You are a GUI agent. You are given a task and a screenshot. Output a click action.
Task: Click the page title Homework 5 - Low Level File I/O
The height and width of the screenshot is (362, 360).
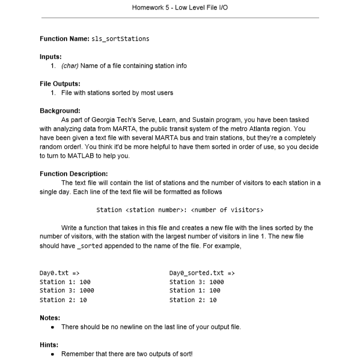tap(180, 7)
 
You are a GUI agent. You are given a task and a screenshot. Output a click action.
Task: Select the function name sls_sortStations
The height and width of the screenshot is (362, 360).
tap(120, 39)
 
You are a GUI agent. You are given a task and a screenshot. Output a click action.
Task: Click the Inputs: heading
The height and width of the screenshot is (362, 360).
tap(50, 56)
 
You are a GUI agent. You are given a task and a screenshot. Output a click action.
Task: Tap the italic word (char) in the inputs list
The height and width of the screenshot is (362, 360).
tap(71, 65)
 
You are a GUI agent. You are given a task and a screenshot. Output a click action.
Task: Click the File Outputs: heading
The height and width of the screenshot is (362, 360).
tap(60, 83)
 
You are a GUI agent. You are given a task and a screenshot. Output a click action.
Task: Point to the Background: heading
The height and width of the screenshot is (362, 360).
tap(59, 110)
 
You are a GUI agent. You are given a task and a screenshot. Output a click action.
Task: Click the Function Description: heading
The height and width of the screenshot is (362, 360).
tap(74, 173)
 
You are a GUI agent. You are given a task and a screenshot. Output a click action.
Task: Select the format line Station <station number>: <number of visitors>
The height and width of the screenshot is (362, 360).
tap(179, 210)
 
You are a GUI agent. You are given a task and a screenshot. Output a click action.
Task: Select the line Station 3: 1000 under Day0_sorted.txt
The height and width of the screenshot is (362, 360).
tap(197, 282)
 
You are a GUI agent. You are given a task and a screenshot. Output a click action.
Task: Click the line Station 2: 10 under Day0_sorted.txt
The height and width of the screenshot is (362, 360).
tap(193, 300)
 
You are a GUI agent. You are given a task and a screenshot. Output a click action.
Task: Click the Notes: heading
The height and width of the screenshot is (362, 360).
tap(50, 317)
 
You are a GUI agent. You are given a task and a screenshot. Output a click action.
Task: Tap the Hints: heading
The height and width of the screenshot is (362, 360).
tap(49, 345)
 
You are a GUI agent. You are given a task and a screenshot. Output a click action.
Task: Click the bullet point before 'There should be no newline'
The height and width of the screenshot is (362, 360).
tap(53, 327)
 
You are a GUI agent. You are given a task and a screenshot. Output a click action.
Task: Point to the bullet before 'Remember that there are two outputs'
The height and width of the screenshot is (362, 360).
tap(53, 354)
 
